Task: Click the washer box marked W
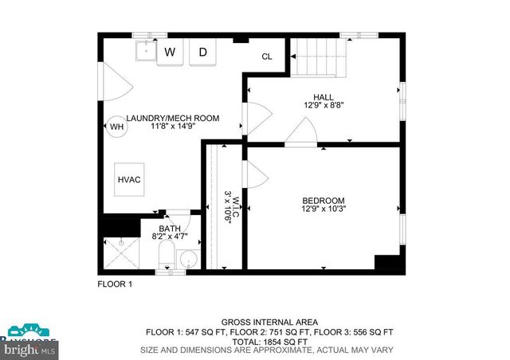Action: click(x=170, y=53)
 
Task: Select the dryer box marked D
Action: click(x=203, y=53)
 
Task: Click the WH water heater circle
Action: click(x=116, y=127)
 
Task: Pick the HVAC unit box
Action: click(x=129, y=179)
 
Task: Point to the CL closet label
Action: click(x=267, y=57)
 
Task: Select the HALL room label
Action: click(x=324, y=96)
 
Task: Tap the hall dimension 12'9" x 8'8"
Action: click(x=324, y=105)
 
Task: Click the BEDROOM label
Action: click(x=323, y=200)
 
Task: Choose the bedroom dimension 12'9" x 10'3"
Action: click(x=323, y=209)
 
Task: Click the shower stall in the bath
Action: click(x=121, y=253)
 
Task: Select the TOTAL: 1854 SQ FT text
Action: click(x=269, y=340)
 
